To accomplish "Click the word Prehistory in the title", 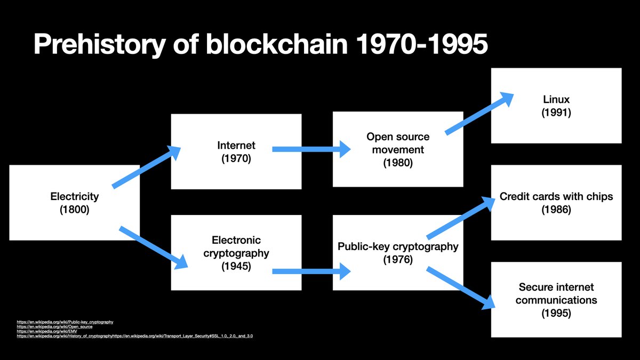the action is [100, 44].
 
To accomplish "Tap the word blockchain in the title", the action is [277, 44].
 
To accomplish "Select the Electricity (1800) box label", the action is [75, 203].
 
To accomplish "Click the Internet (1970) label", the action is [236, 151].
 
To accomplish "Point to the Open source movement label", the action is [398, 149].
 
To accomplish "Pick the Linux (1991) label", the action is [556, 106].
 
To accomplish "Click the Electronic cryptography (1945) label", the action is [236, 253].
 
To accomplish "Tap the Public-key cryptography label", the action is [398, 253].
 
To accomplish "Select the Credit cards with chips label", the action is [556, 203].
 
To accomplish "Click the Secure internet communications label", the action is [556, 300].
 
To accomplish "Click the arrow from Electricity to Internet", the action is [146, 167].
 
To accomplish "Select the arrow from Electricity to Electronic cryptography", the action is [154, 247].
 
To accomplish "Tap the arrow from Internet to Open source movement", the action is [311, 149].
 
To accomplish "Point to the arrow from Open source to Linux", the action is [479, 114].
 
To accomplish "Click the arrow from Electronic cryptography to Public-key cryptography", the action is [311, 271].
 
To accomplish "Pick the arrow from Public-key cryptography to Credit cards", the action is [461, 218].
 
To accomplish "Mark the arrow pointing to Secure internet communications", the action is [461, 288].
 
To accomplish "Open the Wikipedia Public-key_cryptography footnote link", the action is [65, 322].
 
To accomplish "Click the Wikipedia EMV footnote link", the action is [47, 331].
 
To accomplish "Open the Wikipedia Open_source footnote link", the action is [54, 326].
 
